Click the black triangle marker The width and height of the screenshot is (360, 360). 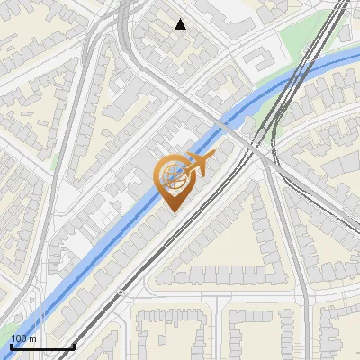click(181, 24)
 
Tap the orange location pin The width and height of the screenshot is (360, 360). click(175, 181)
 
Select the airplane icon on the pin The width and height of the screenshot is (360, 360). click(197, 163)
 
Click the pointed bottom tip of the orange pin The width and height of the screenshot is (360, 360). click(174, 210)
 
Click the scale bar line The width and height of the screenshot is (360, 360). click(41, 346)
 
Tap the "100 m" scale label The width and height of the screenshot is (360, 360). click(23, 338)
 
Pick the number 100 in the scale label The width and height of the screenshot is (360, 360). click(19, 338)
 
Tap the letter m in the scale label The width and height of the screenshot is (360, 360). click(32, 338)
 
